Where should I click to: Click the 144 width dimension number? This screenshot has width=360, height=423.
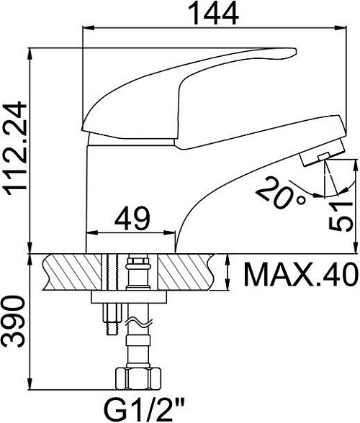tap(213, 13)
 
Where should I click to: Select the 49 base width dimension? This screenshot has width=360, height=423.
tap(132, 219)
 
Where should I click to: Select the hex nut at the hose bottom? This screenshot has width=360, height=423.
tap(138, 378)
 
